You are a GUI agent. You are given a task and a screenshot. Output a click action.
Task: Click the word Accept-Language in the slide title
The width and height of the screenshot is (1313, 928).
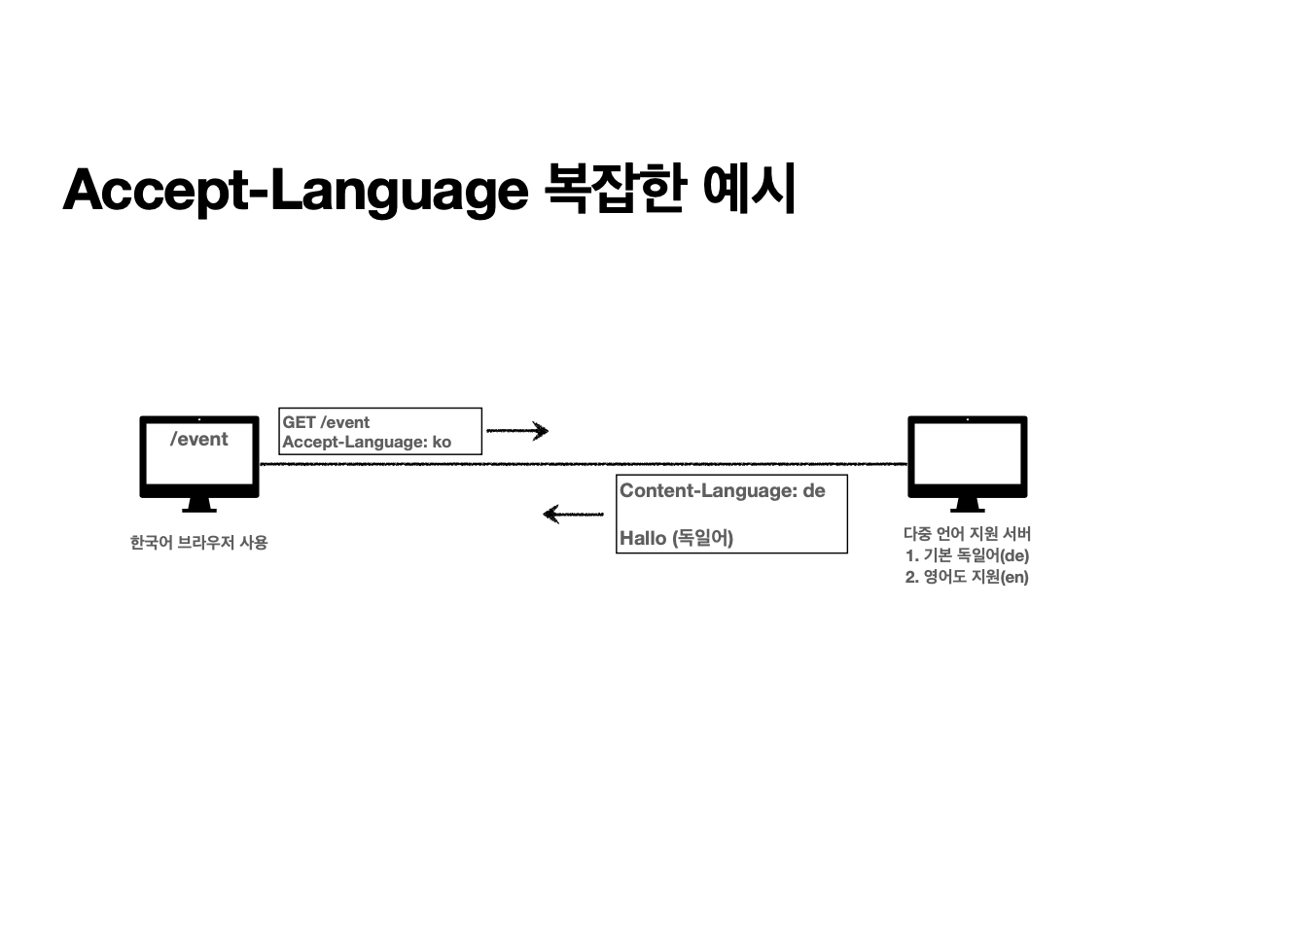coord(295,190)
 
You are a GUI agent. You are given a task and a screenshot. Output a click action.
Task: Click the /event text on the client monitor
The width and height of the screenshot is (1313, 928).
coord(198,439)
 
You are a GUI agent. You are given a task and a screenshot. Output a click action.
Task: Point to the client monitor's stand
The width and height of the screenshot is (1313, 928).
coord(199,504)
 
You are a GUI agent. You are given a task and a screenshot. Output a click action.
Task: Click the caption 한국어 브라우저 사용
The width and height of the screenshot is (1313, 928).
coord(198,543)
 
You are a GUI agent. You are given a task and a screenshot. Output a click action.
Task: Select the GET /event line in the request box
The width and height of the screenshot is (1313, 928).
coord(326,422)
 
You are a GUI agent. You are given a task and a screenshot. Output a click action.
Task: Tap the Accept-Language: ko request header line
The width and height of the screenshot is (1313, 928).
coord(366,442)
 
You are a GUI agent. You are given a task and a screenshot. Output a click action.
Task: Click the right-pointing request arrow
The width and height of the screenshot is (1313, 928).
coord(517,430)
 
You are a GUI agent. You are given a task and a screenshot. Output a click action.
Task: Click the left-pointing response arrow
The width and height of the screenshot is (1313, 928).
coord(573,514)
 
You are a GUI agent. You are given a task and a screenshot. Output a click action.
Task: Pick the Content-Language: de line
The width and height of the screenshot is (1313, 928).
coord(722,490)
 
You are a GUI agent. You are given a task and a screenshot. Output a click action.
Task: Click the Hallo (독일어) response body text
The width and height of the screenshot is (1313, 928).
coord(676,538)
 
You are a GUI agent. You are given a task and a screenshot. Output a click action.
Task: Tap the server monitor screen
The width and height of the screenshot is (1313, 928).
coord(967,455)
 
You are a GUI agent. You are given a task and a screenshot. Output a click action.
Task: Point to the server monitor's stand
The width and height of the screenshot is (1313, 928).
coord(967,504)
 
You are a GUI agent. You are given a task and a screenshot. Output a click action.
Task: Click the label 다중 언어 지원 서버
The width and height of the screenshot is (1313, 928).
coord(967,533)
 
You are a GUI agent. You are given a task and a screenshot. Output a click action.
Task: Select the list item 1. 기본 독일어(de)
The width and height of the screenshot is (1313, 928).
coord(967,555)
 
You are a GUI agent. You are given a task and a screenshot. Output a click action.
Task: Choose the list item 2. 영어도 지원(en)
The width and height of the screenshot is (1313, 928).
coord(967,577)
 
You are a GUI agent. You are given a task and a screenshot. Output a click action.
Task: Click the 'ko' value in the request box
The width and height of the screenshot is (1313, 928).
coord(442,442)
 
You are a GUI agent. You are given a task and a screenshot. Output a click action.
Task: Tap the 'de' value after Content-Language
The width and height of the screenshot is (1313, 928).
coord(813,490)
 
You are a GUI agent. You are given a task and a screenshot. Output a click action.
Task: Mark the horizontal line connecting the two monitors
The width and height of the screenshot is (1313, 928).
coord(584,464)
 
